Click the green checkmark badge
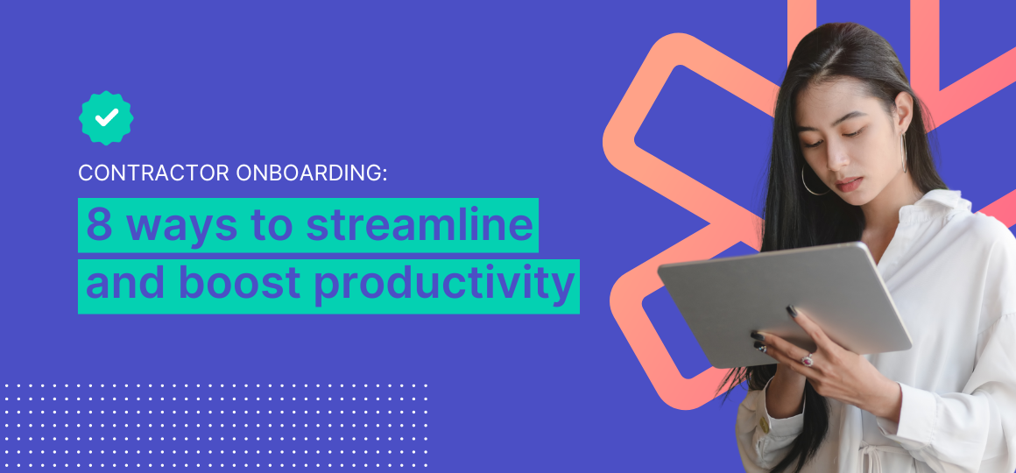point(106,117)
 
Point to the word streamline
point(420,224)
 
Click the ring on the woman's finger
point(808,360)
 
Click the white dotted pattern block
point(215,426)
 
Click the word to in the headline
point(279,224)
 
